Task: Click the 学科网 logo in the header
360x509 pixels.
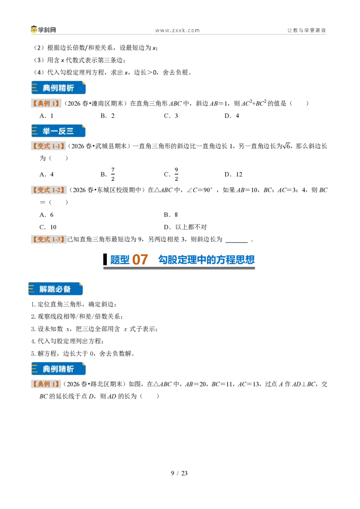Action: point(43,30)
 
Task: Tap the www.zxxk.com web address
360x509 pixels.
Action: point(177,31)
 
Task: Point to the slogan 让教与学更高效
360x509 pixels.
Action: point(306,30)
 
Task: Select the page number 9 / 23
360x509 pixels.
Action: point(180,473)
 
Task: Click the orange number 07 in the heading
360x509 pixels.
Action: point(140,260)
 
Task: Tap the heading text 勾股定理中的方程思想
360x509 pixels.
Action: point(206,260)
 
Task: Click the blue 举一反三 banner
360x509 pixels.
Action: point(58,131)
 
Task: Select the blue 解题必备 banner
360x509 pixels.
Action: point(55,289)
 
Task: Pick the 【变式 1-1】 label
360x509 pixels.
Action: point(49,146)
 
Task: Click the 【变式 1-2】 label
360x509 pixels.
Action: point(49,190)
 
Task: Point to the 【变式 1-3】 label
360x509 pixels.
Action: point(49,239)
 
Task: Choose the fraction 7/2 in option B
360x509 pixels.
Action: point(113,174)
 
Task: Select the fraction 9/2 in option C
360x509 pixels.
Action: point(176,174)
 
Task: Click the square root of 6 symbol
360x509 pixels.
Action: point(286,146)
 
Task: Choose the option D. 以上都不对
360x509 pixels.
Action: point(185,227)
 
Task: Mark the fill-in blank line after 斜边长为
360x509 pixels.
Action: point(237,242)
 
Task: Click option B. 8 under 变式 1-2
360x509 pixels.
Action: point(171,214)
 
